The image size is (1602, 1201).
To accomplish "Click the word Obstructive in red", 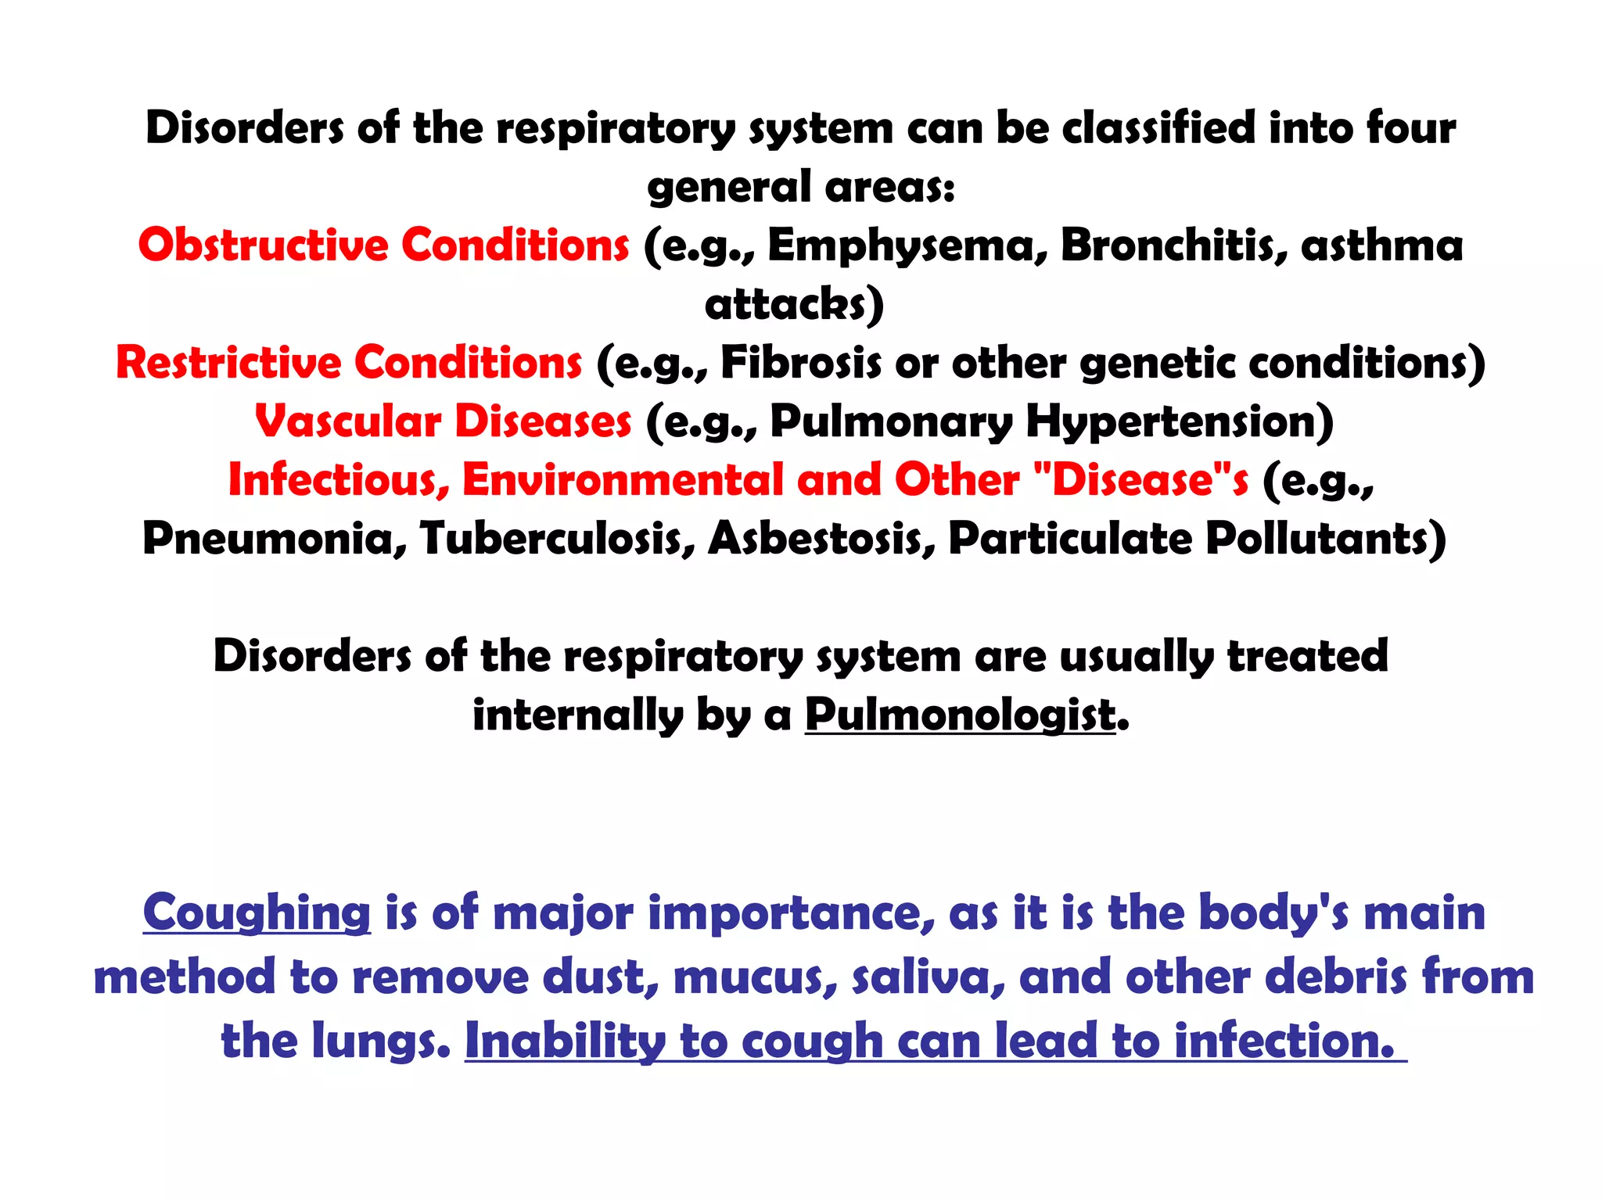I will pos(266,245).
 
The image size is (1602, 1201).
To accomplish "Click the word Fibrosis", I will pos(800,362).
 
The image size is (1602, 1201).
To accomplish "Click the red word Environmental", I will pos(622,479).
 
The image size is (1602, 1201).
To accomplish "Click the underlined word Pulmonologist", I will pos(961,715).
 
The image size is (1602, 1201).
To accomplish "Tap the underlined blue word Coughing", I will pos(257,913).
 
